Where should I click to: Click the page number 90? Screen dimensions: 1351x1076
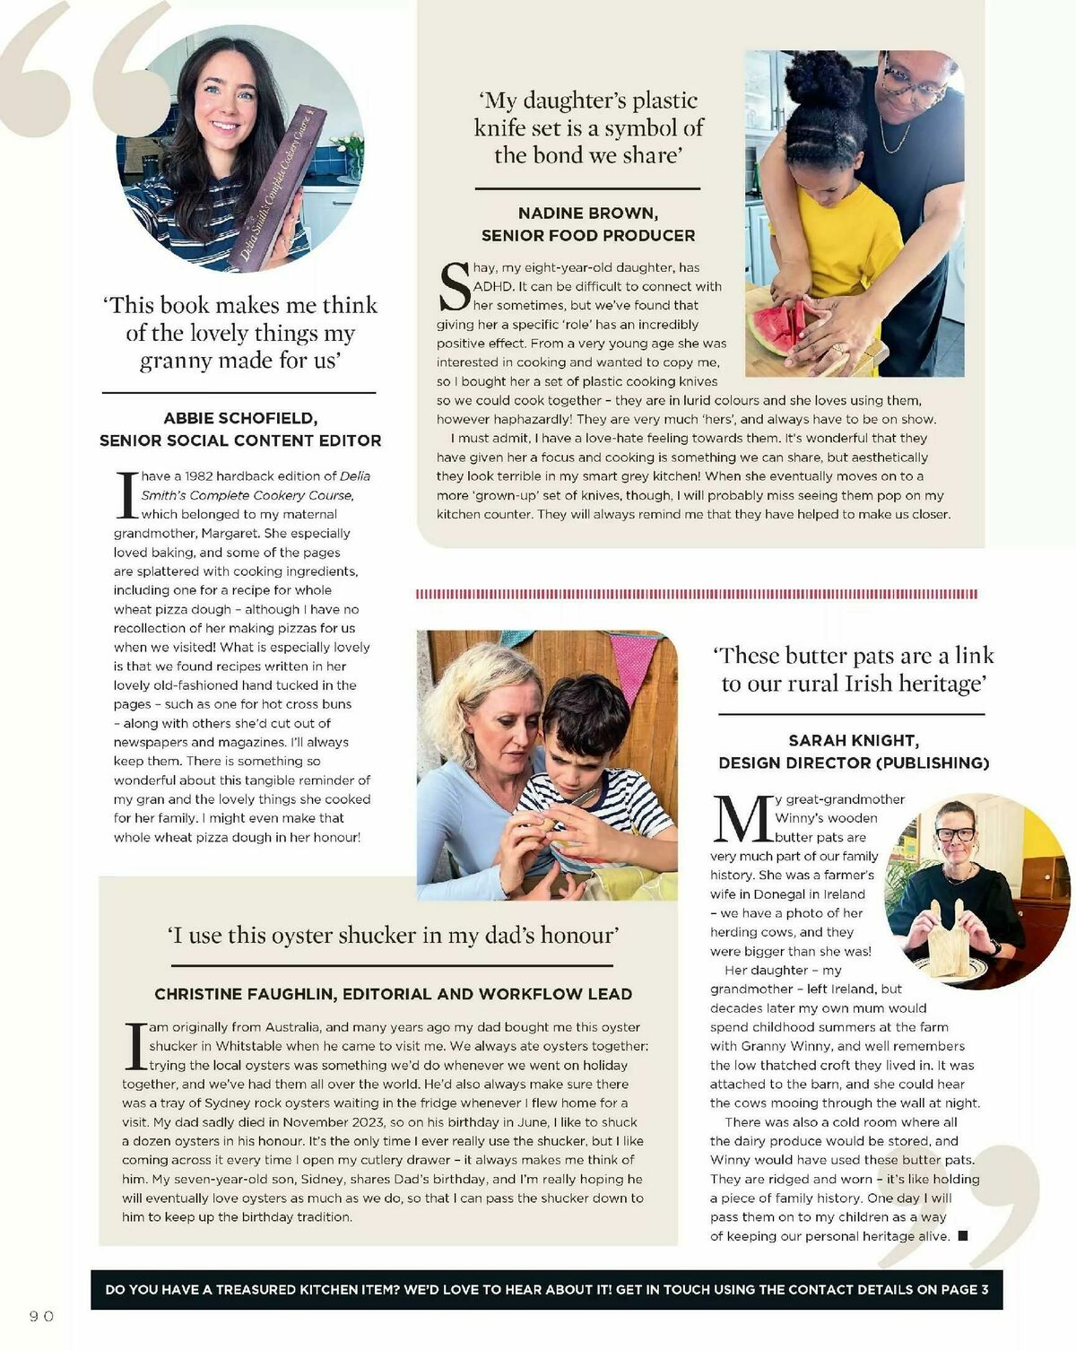(41, 1316)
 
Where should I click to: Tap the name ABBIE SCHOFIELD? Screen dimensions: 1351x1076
(240, 418)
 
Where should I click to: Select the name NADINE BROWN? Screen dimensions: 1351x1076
(587, 213)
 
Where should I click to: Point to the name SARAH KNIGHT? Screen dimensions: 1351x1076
(853, 740)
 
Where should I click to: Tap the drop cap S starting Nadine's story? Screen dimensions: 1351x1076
(455, 286)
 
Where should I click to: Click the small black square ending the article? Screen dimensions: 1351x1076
(963, 1236)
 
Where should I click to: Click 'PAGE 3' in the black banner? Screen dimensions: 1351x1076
(964, 1289)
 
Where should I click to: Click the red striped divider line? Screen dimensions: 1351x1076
(697, 594)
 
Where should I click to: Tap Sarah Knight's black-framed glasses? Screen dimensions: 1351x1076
(953, 833)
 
